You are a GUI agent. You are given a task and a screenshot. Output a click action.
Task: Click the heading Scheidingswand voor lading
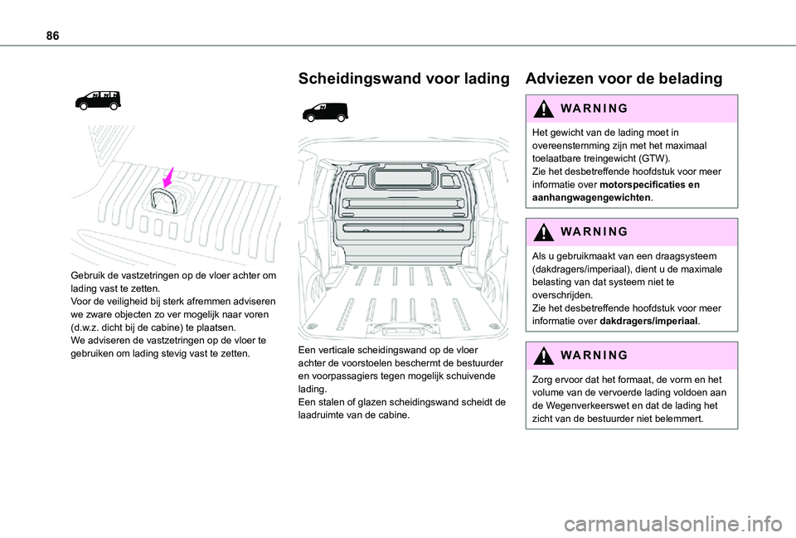pyautogui.click(x=403, y=79)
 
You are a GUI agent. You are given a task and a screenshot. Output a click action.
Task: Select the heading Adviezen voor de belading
pyautogui.click(x=624, y=79)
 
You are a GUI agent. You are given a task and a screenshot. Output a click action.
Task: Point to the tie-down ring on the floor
pyautogui.click(x=163, y=199)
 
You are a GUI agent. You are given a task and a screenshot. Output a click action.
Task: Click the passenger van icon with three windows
pyautogui.click(x=97, y=100)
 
